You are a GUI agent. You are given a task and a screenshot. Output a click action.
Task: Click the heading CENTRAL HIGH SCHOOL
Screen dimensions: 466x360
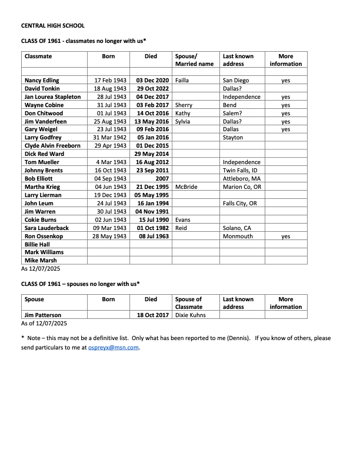pos(53,26)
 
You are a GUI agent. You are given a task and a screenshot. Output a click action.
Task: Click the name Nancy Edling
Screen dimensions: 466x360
pos(42,79)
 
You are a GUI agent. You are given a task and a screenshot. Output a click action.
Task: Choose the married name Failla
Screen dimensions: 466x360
pos(183,79)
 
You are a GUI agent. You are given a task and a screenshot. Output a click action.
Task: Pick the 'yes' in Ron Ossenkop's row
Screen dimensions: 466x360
pos(286,236)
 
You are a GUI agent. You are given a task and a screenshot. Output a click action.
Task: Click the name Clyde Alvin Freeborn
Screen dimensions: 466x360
pos(52,145)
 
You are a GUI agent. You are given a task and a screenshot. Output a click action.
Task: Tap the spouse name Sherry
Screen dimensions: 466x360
pos(184,105)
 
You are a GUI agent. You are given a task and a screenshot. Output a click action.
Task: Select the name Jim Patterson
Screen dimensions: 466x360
pos(43,315)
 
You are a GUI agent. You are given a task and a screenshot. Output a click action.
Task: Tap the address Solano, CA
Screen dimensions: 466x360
pos(238,228)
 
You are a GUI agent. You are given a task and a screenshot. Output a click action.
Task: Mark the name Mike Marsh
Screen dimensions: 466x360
pos(39,261)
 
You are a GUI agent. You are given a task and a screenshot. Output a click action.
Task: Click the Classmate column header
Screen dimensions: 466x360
pos(38,56)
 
